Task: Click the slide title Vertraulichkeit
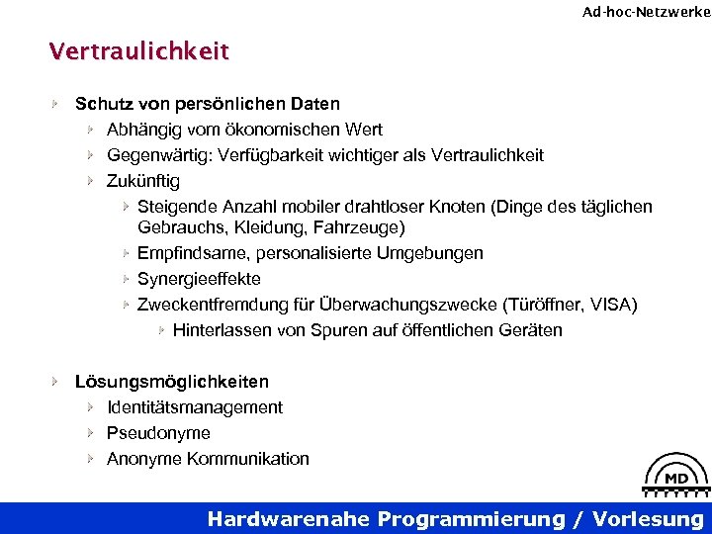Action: coord(139,51)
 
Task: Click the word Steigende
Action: coord(175,207)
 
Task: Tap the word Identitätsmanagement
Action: coord(195,407)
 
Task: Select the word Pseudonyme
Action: coord(158,433)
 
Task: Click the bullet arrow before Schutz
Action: coord(57,104)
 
